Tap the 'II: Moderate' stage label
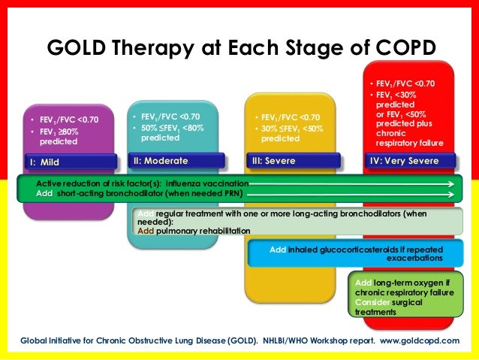tap(160, 161)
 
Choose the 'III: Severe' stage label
tap(274, 161)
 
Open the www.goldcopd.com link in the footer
tap(419, 340)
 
